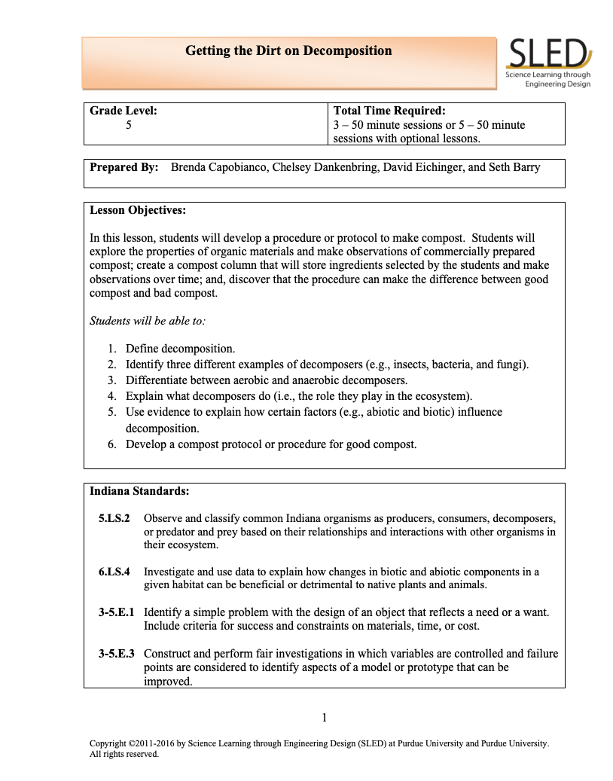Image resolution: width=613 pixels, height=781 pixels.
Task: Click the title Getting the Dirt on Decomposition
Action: [x=288, y=51]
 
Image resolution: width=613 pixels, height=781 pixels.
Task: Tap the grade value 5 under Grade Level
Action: [x=129, y=125]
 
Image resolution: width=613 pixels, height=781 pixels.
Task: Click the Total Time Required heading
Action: [x=389, y=111]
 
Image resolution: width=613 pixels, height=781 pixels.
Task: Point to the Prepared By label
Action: [x=124, y=167]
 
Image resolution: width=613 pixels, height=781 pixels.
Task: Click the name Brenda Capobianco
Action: [x=217, y=167]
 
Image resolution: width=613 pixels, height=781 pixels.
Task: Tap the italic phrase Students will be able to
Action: [x=147, y=320]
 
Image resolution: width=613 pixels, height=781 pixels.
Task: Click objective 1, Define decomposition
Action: [x=180, y=349]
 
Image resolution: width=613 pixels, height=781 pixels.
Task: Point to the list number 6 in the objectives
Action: [x=111, y=444]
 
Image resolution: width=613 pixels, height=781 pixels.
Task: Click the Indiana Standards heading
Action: [x=139, y=491]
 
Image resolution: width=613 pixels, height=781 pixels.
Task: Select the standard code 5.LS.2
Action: [x=114, y=519]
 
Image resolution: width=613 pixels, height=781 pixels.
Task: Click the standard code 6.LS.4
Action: [x=114, y=572]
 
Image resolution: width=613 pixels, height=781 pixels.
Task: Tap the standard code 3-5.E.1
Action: [x=116, y=613]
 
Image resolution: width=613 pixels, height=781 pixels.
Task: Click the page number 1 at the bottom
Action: [x=324, y=717]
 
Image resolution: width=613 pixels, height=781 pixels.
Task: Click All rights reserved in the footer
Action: [x=124, y=753]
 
